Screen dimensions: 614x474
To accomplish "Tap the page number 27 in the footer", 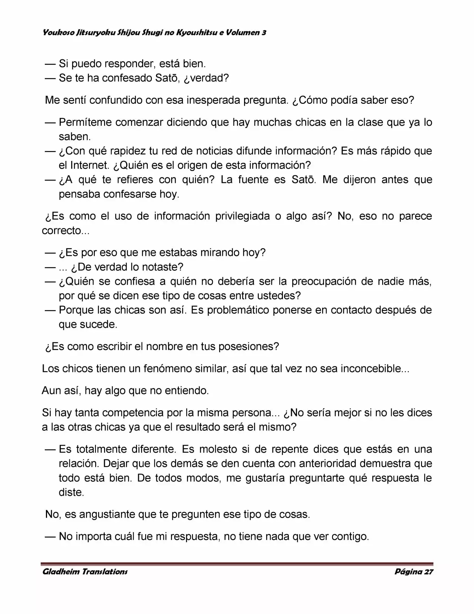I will [428, 571].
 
